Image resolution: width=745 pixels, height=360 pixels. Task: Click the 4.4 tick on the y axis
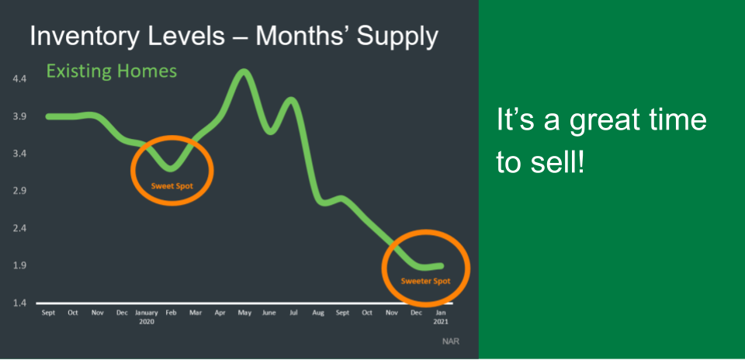pos(19,79)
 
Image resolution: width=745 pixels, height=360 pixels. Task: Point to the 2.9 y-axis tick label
pos(19,191)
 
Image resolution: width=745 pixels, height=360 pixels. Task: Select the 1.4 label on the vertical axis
pos(19,303)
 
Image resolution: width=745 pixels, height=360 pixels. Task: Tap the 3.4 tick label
pos(19,154)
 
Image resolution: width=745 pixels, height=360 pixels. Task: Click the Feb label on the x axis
pos(171,313)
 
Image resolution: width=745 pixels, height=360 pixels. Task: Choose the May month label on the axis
pos(244,313)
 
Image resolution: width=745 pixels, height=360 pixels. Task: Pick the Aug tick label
pos(318,313)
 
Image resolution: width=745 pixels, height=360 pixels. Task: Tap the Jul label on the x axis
pos(293,313)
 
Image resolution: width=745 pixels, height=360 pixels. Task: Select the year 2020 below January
pos(147,321)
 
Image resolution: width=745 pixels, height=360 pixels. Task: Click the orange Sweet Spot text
pos(172,185)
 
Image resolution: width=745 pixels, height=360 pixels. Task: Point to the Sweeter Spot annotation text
pos(425,281)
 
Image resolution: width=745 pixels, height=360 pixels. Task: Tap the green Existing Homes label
pos(111,71)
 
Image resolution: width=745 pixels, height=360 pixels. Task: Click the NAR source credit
pos(452,341)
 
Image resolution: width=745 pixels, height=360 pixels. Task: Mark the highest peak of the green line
pos(244,71)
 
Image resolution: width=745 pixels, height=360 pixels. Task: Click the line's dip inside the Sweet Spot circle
pos(171,167)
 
